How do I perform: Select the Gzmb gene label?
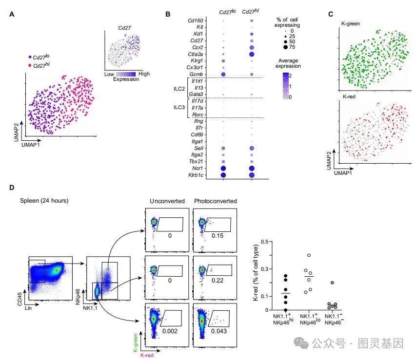tap(195, 74)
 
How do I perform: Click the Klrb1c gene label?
tap(193, 174)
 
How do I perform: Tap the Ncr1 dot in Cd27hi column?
tap(252, 168)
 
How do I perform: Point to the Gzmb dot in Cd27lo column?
tap(223, 74)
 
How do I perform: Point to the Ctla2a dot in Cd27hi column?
tap(252, 54)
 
